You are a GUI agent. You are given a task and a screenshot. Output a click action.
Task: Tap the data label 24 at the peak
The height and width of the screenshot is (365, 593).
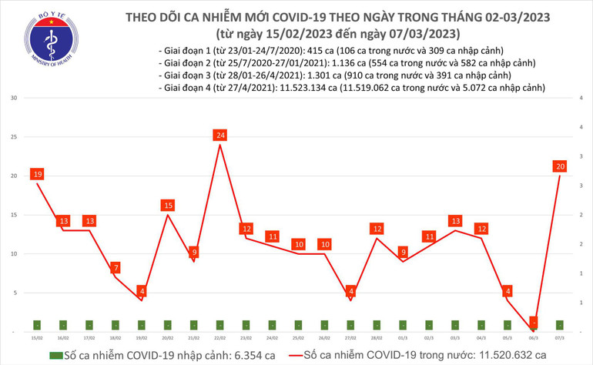coord(220,136)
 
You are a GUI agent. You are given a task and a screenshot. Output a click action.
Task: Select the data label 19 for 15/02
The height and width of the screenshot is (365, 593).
coord(36,175)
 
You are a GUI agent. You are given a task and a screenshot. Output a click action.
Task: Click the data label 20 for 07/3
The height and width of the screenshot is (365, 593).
coord(560,166)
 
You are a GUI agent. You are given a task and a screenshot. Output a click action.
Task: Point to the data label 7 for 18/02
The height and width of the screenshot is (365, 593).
coord(115,268)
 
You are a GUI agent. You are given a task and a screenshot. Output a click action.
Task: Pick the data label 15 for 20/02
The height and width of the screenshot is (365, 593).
coord(168,206)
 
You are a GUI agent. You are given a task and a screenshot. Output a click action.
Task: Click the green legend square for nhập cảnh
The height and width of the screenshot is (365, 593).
coord(55,356)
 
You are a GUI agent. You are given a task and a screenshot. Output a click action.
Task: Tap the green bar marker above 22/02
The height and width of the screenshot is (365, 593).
coord(220,325)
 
